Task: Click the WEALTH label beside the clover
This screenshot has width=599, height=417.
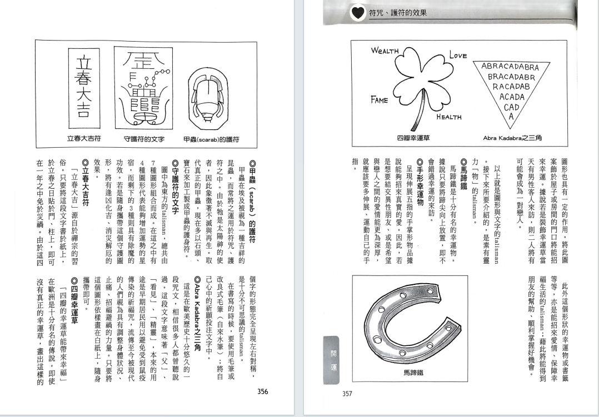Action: coord(386,51)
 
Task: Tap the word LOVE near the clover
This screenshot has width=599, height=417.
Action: coord(458,56)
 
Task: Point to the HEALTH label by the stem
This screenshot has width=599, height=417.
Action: coord(449,117)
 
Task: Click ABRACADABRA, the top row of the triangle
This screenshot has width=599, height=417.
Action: coord(510,67)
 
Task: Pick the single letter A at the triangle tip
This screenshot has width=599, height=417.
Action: coord(511,117)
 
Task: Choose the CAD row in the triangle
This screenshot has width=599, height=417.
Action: coord(511,107)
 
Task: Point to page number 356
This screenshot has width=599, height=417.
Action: coord(263,391)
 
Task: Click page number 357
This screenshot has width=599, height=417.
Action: coord(347,394)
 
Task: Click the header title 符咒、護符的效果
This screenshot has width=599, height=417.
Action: coord(397,14)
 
